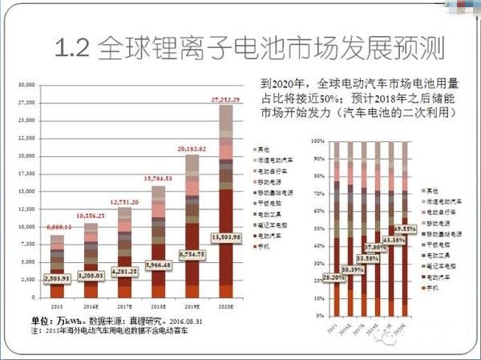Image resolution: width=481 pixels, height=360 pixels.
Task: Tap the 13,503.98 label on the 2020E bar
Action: (226, 238)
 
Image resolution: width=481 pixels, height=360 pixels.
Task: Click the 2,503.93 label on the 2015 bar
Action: (55, 277)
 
